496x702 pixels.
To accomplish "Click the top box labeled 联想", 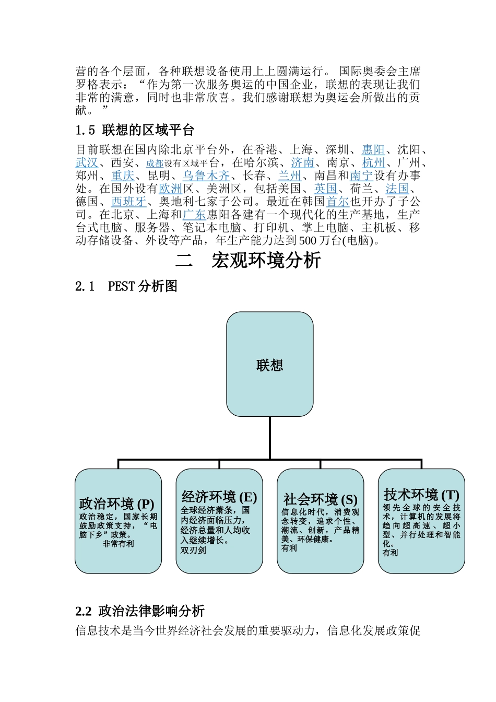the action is (269, 365).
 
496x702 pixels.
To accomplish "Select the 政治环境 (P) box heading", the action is (116, 504).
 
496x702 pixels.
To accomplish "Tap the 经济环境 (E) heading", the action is (219, 497).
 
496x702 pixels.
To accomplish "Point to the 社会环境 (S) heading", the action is (320, 499).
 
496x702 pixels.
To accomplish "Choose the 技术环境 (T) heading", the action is (421, 495).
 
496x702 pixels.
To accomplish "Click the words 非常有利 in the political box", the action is (118, 544).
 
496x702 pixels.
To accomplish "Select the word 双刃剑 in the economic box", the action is (193, 550).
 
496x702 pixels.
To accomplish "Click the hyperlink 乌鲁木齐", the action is (206, 176).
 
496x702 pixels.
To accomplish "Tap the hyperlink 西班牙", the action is (128, 202).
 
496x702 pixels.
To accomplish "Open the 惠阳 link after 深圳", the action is (373, 150).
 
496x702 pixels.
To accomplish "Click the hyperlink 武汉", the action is (87, 163).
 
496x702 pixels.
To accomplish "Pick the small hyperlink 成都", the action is (155, 163).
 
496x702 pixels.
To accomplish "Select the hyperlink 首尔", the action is (337, 202).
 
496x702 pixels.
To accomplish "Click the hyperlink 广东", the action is (194, 215).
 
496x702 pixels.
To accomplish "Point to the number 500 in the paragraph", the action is (308, 241).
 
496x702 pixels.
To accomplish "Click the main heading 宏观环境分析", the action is (266, 261).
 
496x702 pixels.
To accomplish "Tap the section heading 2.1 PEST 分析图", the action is (126, 286).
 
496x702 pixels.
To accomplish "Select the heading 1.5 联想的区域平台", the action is (135, 130).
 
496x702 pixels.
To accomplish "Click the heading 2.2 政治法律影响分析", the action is (140, 611).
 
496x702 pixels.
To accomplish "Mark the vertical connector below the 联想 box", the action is (270, 438).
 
